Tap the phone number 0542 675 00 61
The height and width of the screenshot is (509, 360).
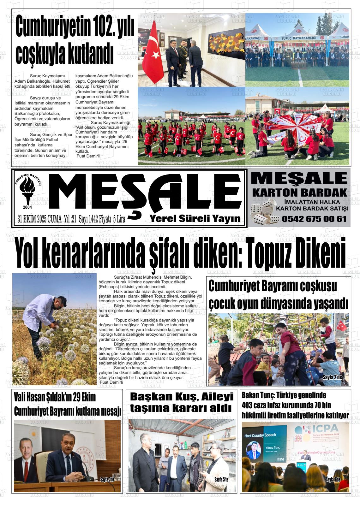pyautogui.click(x=315, y=218)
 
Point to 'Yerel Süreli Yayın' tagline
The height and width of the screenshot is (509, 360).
pyautogui.click(x=195, y=218)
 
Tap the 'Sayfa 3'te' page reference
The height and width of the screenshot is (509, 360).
pyautogui.click(x=107, y=480)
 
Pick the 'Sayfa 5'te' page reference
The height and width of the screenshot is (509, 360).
pyautogui.click(x=221, y=480)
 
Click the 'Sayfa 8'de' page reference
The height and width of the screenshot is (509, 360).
pyautogui.click(x=333, y=480)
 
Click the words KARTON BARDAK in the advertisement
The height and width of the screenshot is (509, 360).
pyautogui.click(x=299, y=192)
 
